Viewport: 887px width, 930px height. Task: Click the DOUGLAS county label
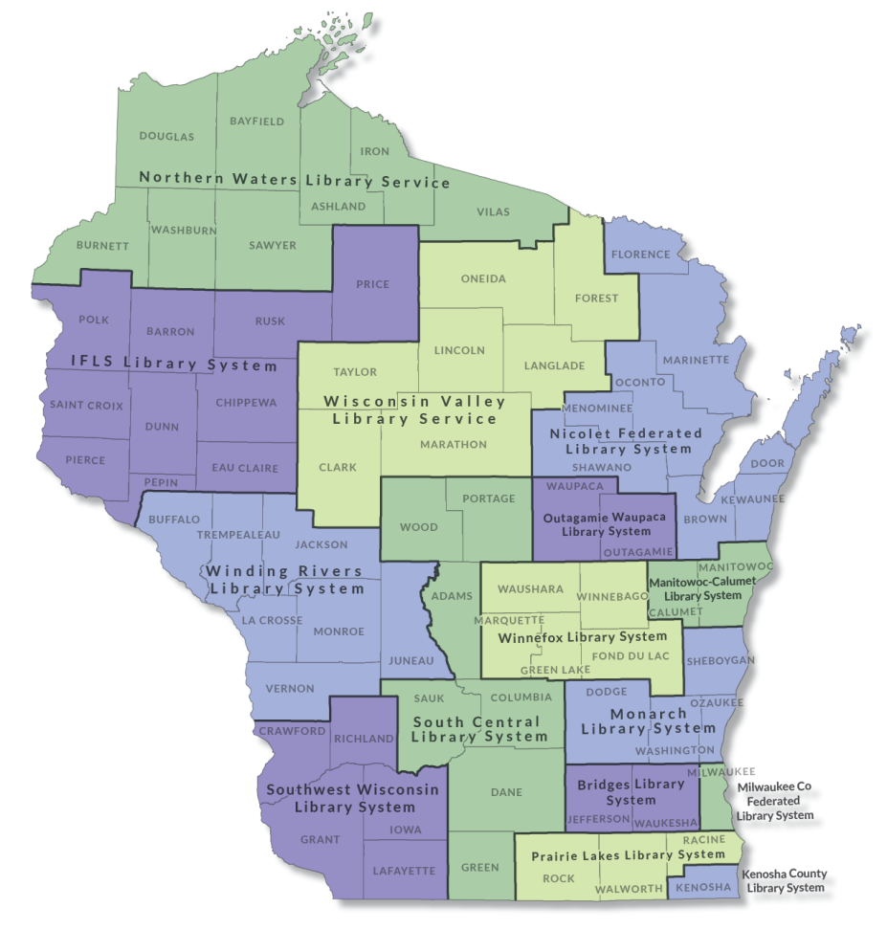(166, 137)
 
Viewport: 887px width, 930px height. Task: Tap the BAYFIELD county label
(256, 122)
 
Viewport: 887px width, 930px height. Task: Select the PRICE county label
(373, 284)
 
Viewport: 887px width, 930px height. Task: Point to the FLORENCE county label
(641, 255)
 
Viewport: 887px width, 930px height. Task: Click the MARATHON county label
(453, 444)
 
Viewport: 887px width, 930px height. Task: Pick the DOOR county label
(767, 463)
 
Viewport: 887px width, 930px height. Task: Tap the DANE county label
(506, 792)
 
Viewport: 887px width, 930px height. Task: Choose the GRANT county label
(320, 840)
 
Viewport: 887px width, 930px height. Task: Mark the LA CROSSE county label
(273, 620)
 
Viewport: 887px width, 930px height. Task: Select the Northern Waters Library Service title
(295, 180)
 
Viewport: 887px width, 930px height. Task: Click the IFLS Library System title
(174, 365)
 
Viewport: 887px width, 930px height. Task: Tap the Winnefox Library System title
(584, 636)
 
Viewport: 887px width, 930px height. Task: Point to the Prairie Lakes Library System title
(628, 854)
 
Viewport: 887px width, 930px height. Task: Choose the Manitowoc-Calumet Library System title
(696, 588)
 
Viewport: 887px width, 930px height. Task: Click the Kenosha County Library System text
(783, 881)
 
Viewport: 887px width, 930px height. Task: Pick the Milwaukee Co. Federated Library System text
(775, 801)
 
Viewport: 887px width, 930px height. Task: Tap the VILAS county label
(493, 211)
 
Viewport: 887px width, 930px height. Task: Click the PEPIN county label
(161, 482)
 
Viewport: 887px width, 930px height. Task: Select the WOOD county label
(418, 527)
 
